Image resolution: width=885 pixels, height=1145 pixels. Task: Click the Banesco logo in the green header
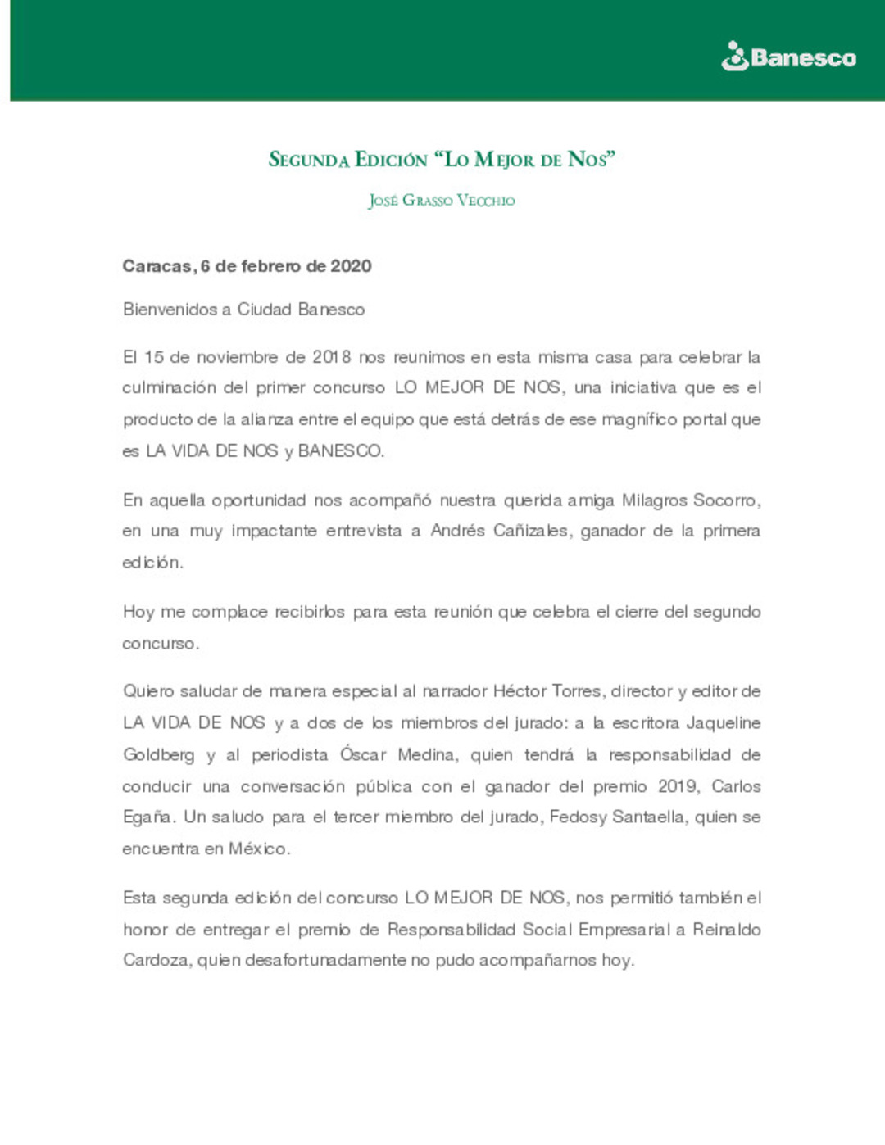[x=788, y=57]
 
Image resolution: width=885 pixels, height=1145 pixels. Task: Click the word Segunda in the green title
[x=308, y=159]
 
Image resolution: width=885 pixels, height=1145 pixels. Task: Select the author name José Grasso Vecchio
[x=442, y=201]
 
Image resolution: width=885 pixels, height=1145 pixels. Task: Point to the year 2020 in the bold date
[x=351, y=266]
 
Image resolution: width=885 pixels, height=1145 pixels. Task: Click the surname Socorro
[x=726, y=500]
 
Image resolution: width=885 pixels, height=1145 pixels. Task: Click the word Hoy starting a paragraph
[x=138, y=612]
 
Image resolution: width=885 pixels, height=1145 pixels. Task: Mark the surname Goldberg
[x=158, y=754]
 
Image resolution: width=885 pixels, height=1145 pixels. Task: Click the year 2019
[x=678, y=786]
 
